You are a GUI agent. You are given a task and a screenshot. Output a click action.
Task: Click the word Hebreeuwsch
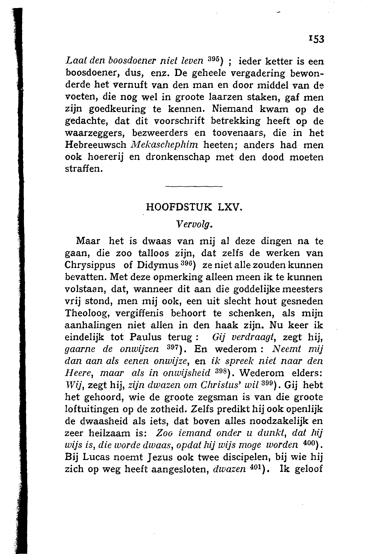tap(96, 145)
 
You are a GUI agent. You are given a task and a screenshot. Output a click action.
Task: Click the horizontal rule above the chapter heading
tap(194, 187)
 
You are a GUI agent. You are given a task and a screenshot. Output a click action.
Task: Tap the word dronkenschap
tap(178, 158)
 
